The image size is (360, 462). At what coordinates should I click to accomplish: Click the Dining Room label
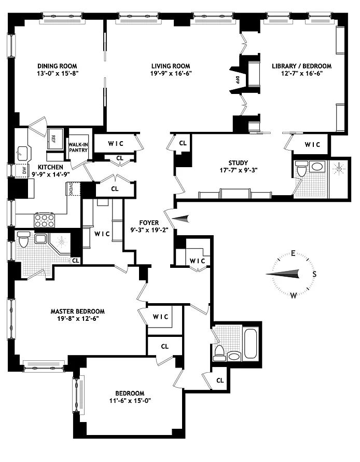[x=57, y=66]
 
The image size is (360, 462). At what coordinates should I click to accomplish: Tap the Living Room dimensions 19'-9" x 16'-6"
[x=171, y=73]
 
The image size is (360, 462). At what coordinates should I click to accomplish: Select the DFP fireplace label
[x=237, y=80]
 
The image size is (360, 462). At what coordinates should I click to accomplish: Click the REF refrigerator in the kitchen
[x=55, y=139]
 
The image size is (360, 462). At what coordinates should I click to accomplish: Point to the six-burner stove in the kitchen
[x=45, y=220]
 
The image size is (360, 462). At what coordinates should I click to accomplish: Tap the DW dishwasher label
[x=24, y=170]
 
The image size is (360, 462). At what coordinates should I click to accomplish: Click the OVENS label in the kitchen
[x=71, y=189]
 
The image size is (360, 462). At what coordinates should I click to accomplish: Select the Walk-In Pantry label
[x=78, y=147]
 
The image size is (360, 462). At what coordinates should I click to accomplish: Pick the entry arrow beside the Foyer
[x=180, y=219]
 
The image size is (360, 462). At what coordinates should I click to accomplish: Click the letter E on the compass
[x=293, y=253]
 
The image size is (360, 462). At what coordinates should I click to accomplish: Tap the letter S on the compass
[x=314, y=274]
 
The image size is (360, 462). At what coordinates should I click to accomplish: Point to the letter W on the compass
[x=293, y=295]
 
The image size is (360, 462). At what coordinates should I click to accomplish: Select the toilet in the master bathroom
[x=23, y=239]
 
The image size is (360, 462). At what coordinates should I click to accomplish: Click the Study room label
[x=238, y=162]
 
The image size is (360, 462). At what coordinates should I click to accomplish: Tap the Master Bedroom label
[x=77, y=311]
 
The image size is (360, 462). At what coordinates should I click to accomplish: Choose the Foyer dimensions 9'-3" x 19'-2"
[x=149, y=230]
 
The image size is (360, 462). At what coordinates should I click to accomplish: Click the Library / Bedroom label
[x=301, y=66]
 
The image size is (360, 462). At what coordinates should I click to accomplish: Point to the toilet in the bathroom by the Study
[x=301, y=169]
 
